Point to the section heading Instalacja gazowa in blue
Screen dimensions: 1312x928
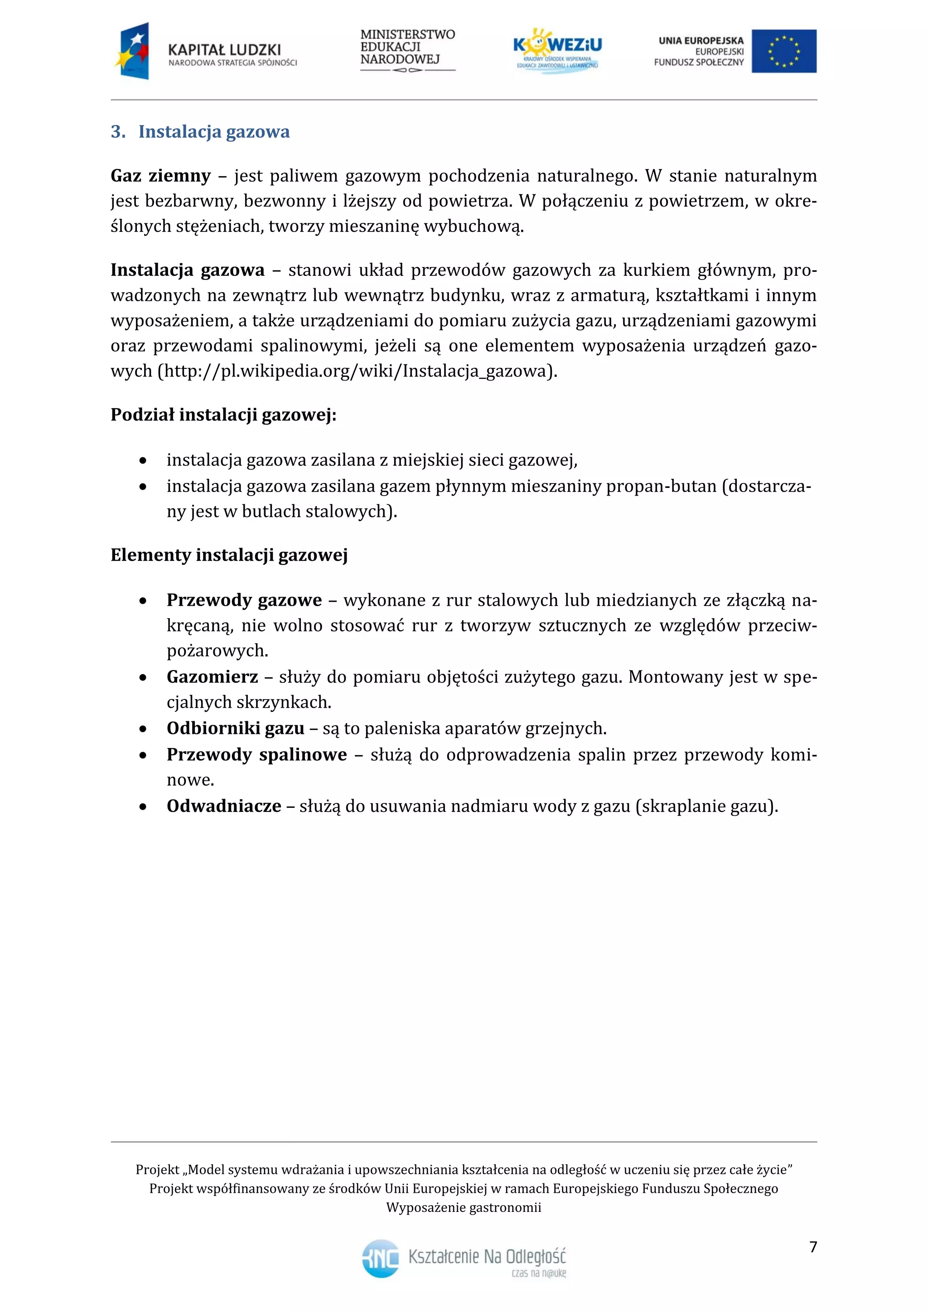tap(214, 132)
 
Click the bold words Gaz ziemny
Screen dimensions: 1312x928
tap(160, 175)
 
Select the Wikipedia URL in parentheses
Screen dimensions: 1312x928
tap(357, 371)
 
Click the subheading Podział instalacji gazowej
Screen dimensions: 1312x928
tap(223, 415)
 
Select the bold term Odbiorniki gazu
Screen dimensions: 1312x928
tap(236, 728)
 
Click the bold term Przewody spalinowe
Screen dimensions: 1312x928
tap(256, 754)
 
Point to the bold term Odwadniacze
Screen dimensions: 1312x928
tap(223, 806)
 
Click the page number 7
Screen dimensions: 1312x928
tap(812, 1247)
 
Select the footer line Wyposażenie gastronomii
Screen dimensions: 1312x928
tap(464, 1207)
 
